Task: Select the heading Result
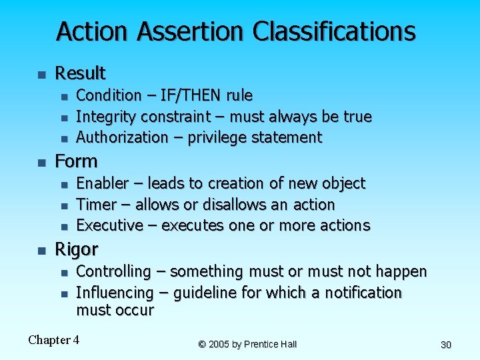point(80,73)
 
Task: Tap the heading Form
point(76,161)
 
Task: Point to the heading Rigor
point(76,249)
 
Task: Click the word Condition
point(109,95)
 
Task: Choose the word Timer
point(94,204)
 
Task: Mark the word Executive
point(109,225)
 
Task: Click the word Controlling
point(113,271)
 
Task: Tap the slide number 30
point(446,345)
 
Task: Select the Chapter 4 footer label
point(53,340)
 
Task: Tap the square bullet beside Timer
point(63,205)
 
